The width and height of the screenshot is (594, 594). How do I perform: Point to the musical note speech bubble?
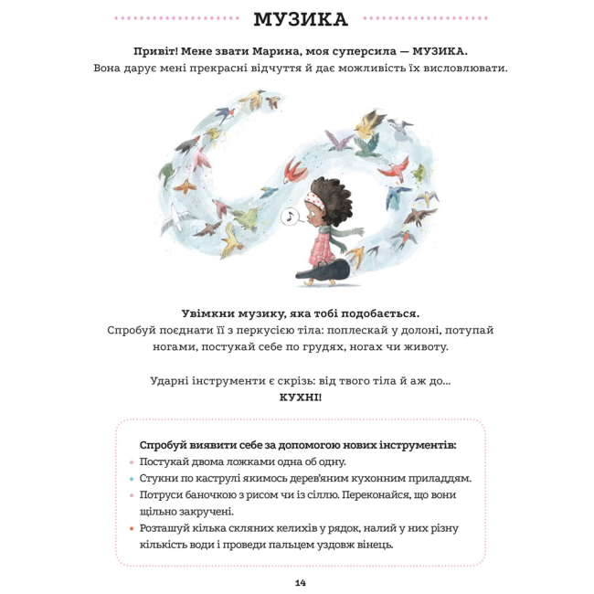[x=291, y=217]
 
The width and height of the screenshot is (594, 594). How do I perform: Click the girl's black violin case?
[x=324, y=270]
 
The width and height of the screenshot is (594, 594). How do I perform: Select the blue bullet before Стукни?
[x=131, y=478]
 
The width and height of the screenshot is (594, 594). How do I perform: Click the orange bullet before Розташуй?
[x=131, y=528]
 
